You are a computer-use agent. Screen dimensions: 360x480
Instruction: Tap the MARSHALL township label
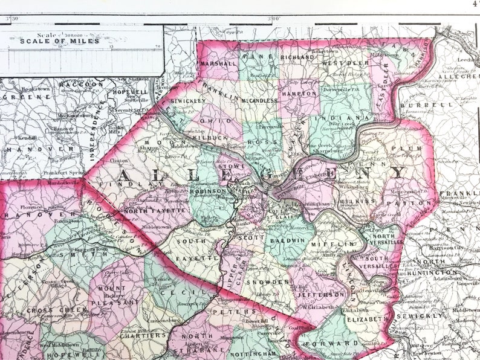(x=219, y=62)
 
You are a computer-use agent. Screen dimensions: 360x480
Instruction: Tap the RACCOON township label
(x=81, y=84)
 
